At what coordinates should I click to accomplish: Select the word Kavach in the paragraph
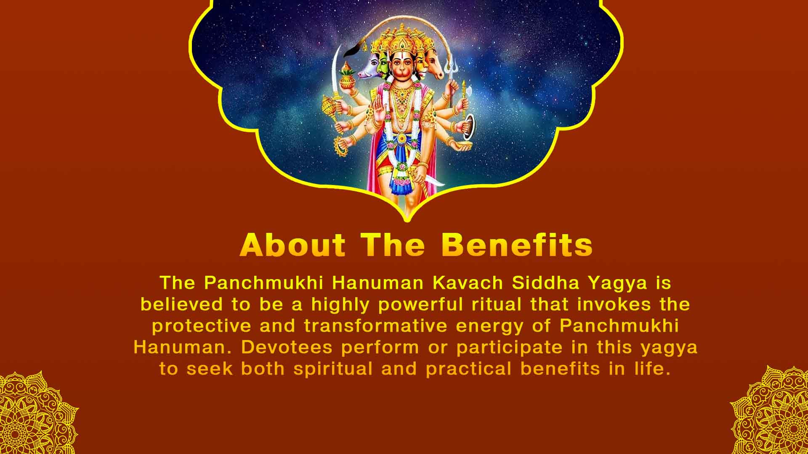[x=468, y=283]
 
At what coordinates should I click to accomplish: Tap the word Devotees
[x=287, y=348]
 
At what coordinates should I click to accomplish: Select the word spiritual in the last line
[x=333, y=369]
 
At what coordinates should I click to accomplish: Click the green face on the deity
[x=383, y=65]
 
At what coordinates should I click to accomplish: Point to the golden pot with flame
[x=348, y=76]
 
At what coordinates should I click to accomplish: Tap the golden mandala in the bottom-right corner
[x=772, y=414]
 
